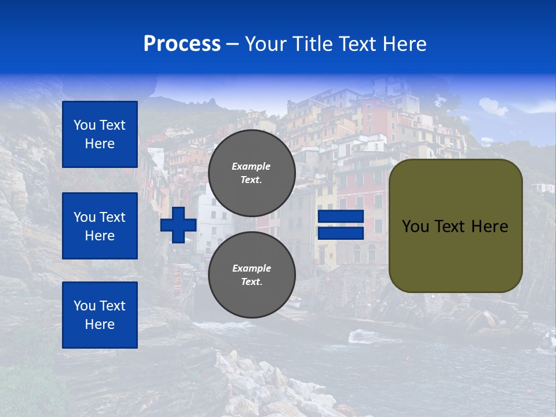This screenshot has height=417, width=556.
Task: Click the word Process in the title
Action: [x=182, y=44]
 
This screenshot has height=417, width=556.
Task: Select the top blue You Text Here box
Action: [x=100, y=134]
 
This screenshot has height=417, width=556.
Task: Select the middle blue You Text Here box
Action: [x=100, y=226]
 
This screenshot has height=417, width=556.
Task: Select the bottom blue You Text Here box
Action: [x=100, y=315]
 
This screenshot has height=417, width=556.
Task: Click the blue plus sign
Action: [x=178, y=225]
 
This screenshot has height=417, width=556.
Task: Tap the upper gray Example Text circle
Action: [x=252, y=173]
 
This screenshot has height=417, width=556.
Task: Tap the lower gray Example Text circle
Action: [x=252, y=275]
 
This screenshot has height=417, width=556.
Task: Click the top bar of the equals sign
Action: [x=341, y=217]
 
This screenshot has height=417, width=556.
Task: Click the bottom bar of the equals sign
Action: [x=341, y=233]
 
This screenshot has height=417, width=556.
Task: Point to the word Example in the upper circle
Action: [x=251, y=166]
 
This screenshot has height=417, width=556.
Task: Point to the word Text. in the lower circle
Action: [x=251, y=282]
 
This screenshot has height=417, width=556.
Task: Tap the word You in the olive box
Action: [x=415, y=226]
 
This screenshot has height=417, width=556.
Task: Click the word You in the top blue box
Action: [x=85, y=125]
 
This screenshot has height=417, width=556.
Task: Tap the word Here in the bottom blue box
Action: [x=100, y=324]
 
